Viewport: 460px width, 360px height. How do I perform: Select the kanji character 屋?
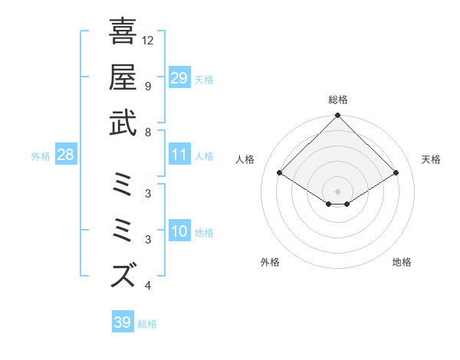123,77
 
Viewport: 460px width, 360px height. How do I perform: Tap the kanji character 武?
123,123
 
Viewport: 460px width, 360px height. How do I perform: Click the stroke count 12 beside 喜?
149,40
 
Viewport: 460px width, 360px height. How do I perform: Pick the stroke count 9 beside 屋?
148,86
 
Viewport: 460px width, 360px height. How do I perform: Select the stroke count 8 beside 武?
148,132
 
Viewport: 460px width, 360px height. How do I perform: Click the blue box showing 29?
179,78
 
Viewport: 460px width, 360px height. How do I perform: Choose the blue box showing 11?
179,155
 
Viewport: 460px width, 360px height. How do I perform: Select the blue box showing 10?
179,232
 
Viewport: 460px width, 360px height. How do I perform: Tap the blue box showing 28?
65,155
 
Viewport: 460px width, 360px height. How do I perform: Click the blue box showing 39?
122,322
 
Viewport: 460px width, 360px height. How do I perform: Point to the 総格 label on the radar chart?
338,100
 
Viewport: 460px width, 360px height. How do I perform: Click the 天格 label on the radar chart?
432,159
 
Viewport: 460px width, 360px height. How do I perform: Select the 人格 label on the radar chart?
245,159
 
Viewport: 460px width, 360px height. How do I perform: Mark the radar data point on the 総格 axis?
338,116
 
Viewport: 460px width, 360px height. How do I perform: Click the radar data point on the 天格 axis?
396,173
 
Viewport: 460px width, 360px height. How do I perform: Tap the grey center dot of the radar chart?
338,191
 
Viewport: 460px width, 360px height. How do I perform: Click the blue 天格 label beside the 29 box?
203,80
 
